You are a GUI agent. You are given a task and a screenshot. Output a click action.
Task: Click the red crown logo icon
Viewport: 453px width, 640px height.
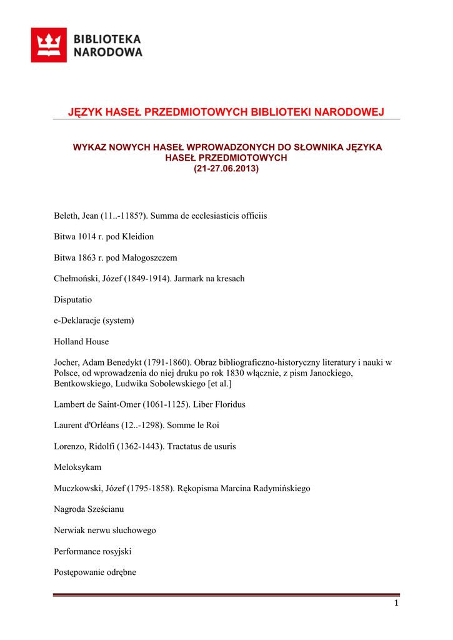(49, 44)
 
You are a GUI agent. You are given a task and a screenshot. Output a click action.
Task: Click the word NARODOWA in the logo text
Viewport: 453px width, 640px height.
(108, 52)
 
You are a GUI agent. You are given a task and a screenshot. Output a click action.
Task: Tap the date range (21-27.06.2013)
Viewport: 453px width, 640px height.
(226, 169)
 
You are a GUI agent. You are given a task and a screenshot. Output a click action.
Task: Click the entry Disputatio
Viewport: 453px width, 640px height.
(73, 299)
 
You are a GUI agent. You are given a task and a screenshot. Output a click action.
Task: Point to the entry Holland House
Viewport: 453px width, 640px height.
(81, 341)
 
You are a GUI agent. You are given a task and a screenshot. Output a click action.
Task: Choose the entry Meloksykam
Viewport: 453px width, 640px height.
(77, 467)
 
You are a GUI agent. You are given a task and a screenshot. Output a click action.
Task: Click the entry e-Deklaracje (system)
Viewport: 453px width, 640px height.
(94, 321)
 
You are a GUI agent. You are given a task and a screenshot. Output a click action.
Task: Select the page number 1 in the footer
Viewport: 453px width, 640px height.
(396, 603)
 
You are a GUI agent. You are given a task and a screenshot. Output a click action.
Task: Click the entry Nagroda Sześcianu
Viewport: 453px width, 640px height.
(89, 509)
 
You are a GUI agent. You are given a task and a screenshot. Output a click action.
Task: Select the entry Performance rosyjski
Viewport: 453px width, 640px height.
(92, 551)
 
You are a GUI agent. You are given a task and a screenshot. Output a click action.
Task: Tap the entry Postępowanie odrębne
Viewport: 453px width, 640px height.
(95, 572)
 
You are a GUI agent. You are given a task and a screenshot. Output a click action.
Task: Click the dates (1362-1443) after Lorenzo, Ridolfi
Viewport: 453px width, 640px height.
(141, 446)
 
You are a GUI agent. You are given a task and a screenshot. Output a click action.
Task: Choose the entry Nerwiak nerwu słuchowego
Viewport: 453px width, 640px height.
(105, 530)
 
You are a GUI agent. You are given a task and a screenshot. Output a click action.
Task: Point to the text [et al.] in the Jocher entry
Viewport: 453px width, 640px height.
(220, 383)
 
